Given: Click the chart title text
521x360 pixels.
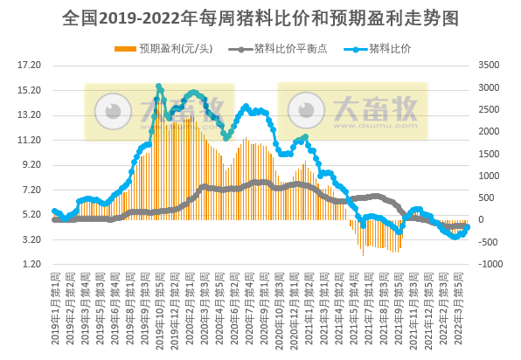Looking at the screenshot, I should tap(260, 17).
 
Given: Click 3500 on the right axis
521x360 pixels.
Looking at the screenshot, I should tap(488, 65).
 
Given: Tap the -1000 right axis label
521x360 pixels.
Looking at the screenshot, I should tap(488, 264).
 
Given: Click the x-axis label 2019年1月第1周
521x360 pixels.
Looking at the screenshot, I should tap(55, 306).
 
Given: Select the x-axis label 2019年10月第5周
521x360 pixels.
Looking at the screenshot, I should tap(159, 306).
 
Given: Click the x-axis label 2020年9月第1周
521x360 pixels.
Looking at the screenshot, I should tap(262, 306).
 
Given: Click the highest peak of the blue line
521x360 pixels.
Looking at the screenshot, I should tap(158, 87).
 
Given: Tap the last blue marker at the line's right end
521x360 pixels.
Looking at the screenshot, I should tap(468, 227).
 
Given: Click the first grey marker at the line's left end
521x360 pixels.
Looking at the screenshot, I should tap(54, 219).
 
